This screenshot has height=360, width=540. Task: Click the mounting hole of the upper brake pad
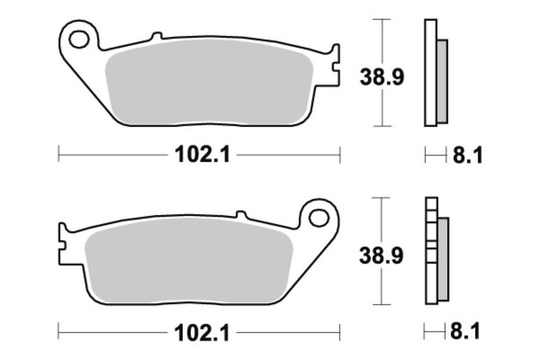(79, 38)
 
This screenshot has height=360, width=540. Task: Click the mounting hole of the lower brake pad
(319, 217)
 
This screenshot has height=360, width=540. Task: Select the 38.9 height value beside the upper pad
(381, 78)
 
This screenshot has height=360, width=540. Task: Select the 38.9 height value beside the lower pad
(381, 255)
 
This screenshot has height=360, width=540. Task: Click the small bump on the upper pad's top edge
(157, 36)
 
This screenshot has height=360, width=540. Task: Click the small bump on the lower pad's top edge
(240, 214)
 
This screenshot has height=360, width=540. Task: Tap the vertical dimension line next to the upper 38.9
(383, 41)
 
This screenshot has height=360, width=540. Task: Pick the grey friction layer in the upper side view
(442, 81)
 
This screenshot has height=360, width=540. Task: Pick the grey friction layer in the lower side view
(443, 260)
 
